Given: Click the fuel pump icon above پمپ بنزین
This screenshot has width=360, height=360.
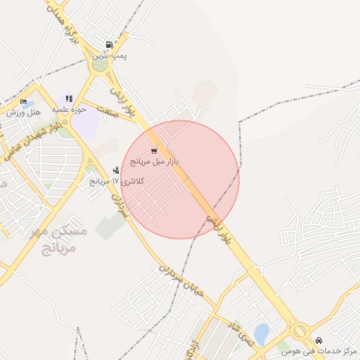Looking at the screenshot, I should click(x=108, y=44).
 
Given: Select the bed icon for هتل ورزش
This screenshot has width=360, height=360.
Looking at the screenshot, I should click(x=23, y=102).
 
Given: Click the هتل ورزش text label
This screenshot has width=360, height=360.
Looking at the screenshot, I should click(x=23, y=112).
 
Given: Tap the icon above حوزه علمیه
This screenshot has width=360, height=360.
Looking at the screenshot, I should click(x=69, y=98).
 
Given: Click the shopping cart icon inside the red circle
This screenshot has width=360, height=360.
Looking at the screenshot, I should click(x=154, y=151).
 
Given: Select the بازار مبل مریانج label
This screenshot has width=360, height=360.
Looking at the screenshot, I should click(x=155, y=162).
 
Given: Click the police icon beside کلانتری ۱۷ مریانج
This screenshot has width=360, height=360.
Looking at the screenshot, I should click(x=116, y=170).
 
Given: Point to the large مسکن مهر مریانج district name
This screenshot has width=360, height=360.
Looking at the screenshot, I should click(x=62, y=240).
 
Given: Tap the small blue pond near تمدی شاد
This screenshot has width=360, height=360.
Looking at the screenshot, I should click(x=262, y=333).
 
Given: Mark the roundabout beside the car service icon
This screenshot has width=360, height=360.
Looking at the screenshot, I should click(x=300, y=330).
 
